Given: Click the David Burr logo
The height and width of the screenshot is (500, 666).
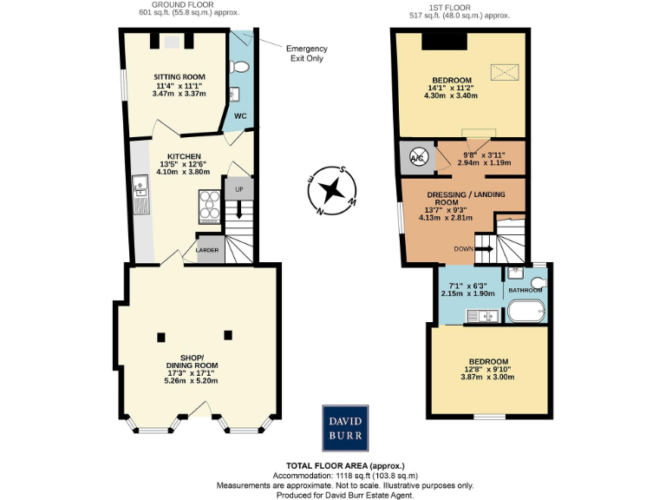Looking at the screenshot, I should point(345,427).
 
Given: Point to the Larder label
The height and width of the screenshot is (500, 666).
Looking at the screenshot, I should point(207,250).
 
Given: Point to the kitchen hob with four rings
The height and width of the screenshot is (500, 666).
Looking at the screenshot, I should point(211,207).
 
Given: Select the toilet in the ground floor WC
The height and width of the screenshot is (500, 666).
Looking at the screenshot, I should point(240,66).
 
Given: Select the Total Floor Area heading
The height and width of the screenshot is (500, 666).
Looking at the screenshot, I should point(345,466).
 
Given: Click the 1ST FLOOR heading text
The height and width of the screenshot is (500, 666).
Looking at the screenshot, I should point(460,8).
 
